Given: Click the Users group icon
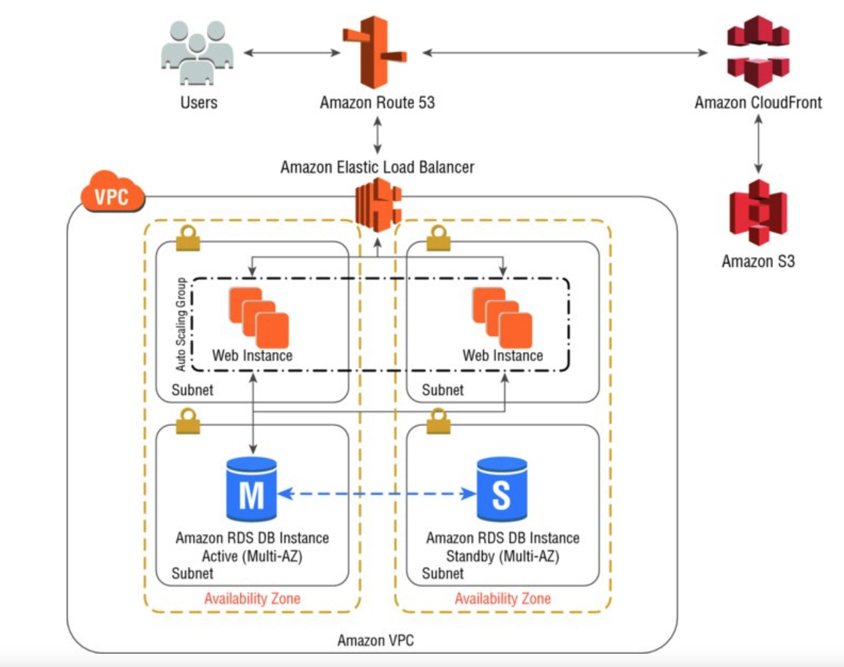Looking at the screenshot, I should tap(197, 53).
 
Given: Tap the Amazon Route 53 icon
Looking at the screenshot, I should tap(374, 53).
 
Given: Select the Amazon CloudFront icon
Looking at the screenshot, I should tap(757, 52).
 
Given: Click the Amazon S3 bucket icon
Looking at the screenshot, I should tap(757, 212).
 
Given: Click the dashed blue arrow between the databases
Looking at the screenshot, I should tap(377, 493).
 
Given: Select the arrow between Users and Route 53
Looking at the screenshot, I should tap(292, 52).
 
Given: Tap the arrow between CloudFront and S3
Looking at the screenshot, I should tap(757, 144).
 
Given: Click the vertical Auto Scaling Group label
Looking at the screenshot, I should tap(180, 325).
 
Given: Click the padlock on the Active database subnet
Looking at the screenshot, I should tap(188, 421).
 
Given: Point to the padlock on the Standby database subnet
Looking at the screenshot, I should tap(438, 421).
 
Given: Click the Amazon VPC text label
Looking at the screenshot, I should tap(375, 640).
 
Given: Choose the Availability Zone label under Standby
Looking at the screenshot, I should tap(503, 598).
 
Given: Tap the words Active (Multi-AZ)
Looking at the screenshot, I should tap(252, 556).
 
